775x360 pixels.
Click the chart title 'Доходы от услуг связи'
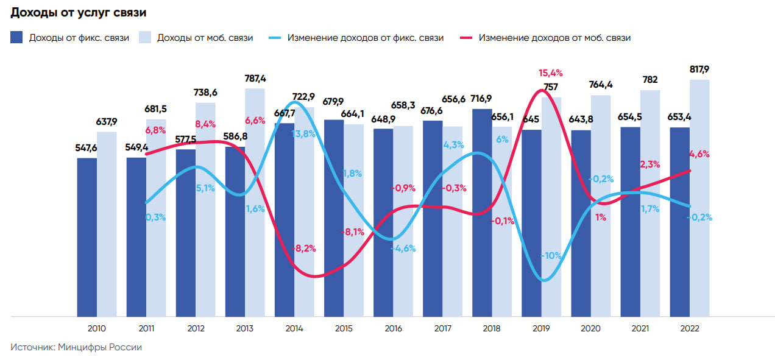[79, 12]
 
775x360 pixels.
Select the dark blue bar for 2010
[87, 238]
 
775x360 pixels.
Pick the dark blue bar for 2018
[482, 213]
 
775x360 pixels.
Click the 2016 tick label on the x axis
[393, 328]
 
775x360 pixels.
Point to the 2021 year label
[640, 328]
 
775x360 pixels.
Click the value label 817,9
[699, 69]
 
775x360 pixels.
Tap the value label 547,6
[87, 148]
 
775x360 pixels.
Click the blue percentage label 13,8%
[303, 133]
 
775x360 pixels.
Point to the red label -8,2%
[303, 248]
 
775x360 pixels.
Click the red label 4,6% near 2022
[699, 154]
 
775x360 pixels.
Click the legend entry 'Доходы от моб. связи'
[196, 38]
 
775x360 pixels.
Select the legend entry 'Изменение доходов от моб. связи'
[545, 38]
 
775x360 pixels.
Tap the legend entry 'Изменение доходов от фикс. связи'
[356, 38]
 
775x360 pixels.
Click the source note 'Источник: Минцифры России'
[76, 347]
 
